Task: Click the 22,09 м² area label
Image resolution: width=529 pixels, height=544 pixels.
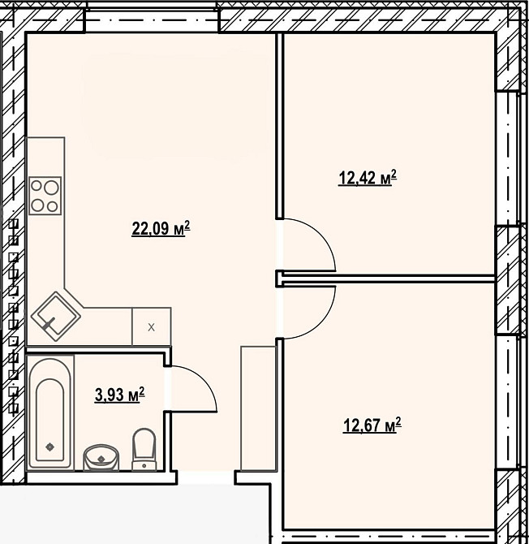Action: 161,229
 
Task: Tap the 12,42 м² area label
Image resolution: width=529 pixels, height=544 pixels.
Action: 367,178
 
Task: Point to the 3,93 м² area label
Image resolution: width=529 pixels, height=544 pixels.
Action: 119,395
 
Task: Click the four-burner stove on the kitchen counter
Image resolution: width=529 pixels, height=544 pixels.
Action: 45,196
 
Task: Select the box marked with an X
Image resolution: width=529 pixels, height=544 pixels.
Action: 151,327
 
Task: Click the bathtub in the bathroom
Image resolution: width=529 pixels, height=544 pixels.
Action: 50,412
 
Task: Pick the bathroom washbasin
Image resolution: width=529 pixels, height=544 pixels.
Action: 101,456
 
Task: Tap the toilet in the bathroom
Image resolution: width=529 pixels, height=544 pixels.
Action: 144,449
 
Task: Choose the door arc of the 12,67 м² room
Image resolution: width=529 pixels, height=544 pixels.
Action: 312,313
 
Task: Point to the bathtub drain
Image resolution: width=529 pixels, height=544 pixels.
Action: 50,446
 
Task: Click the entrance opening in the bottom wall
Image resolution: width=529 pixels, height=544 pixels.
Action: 206,479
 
